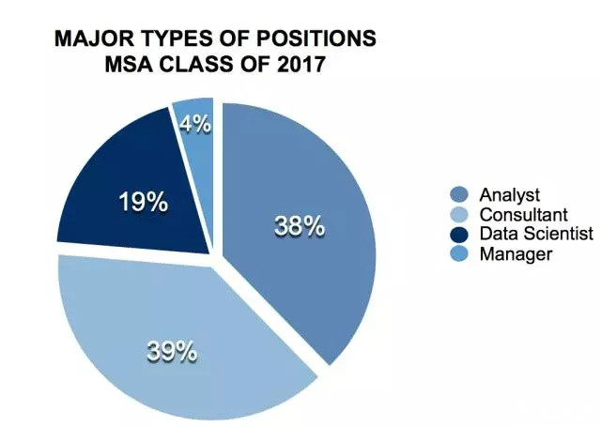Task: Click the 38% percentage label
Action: [x=299, y=226]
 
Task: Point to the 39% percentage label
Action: [x=171, y=351]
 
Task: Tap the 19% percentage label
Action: [x=143, y=202]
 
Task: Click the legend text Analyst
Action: [x=509, y=195]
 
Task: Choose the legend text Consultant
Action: [x=518, y=215]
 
